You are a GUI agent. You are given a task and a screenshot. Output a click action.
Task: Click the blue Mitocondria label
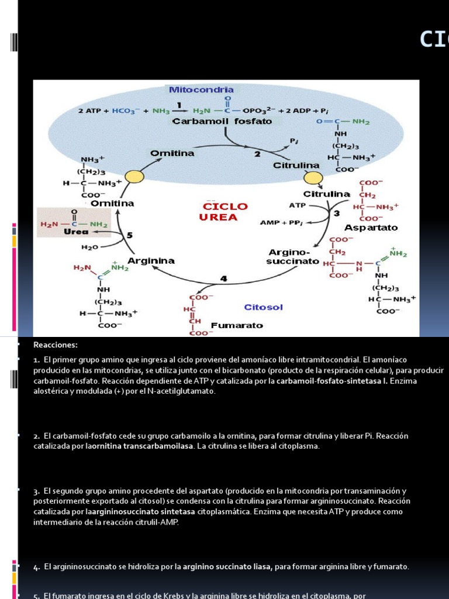point(201,90)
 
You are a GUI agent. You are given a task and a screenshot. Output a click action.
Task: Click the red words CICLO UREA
point(225,212)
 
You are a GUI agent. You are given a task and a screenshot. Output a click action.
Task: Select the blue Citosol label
point(263,307)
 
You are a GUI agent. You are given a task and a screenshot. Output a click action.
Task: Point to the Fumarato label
point(237,325)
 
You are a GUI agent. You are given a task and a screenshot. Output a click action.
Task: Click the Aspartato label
point(371,227)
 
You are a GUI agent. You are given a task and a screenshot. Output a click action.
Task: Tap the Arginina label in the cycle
point(151,260)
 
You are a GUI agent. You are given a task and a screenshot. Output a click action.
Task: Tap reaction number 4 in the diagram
point(223,279)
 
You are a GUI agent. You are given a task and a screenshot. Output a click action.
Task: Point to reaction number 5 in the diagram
point(130,235)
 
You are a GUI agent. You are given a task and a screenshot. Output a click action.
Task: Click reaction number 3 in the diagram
point(336,214)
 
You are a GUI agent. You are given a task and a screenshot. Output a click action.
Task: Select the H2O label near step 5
point(89,247)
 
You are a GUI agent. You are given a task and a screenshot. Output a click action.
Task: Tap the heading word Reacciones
point(56,345)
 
